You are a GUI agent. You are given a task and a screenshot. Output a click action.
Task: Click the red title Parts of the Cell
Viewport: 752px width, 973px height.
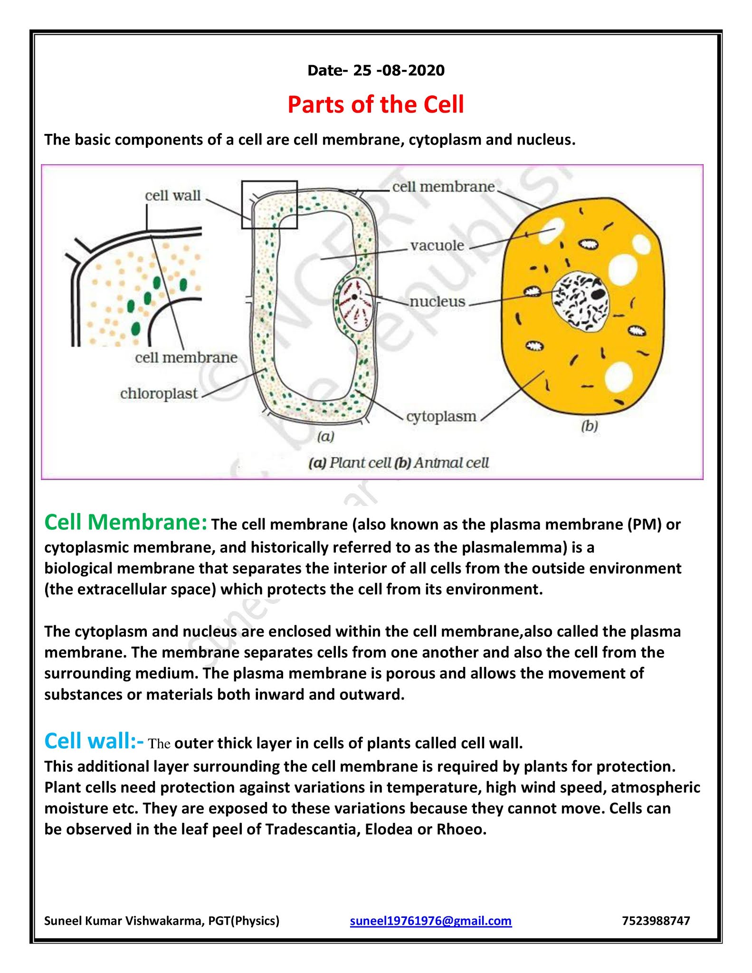click(375, 105)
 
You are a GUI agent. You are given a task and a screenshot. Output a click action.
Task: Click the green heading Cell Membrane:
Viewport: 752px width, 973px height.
click(125, 522)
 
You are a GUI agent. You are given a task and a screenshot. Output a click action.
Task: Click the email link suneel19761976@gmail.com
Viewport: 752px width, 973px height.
click(430, 921)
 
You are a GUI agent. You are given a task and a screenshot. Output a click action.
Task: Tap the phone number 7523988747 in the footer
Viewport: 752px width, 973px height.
click(656, 921)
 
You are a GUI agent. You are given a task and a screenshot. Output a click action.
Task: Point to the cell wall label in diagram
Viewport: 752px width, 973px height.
click(173, 195)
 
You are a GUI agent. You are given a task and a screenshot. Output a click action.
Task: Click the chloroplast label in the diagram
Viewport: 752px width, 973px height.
click(159, 394)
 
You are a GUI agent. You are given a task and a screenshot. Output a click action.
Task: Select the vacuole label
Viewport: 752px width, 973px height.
click(437, 246)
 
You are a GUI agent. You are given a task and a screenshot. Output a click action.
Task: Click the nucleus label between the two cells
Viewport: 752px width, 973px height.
click(437, 301)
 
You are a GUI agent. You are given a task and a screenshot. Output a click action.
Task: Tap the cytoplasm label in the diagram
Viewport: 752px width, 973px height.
click(441, 416)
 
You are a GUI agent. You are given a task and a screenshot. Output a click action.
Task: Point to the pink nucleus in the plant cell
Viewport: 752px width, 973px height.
click(355, 304)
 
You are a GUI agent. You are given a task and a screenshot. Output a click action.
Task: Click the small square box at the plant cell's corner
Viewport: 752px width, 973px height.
click(269, 204)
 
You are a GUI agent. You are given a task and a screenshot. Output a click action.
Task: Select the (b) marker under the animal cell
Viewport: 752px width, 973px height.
click(590, 426)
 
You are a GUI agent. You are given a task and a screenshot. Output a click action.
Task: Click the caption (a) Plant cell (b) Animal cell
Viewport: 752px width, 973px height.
click(399, 462)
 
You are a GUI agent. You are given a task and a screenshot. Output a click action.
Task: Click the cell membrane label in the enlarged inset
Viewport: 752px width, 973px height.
click(186, 357)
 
